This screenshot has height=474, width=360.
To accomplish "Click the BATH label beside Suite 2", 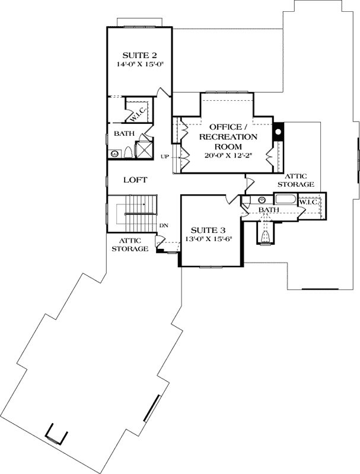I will [x=124, y=133].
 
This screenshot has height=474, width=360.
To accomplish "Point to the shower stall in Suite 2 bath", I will [x=144, y=148].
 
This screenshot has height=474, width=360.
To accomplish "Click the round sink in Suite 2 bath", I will [x=114, y=154].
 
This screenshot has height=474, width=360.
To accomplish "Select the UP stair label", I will [x=165, y=157].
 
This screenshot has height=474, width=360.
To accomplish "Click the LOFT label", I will [x=135, y=180].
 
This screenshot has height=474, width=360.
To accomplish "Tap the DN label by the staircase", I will [x=165, y=226].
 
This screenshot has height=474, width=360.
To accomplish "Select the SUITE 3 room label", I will [x=205, y=230].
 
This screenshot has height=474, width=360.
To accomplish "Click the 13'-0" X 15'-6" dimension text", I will [x=205, y=239].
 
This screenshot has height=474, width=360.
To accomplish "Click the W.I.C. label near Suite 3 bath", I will [x=310, y=202].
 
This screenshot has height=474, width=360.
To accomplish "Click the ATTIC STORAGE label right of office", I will [x=299, y=180].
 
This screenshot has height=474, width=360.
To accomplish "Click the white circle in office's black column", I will [x=277, y=131].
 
